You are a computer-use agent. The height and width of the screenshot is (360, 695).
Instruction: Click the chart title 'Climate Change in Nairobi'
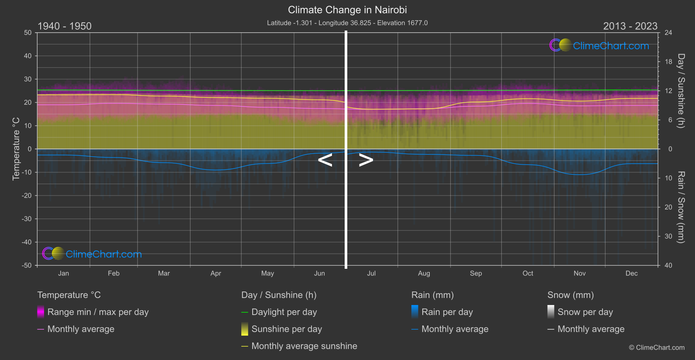pos(347,10)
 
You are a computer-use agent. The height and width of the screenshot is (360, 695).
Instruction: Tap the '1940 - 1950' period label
pos(65,26)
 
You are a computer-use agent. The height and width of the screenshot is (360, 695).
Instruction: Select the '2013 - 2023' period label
pos(630,26)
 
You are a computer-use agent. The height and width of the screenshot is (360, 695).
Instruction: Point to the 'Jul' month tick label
pos(371,273)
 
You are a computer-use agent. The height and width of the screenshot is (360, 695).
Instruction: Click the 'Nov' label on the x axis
pos(579,273)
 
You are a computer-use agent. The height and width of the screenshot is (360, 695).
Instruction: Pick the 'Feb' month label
pos(113,273)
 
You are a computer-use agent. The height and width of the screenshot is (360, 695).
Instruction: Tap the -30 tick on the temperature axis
pos(27,219)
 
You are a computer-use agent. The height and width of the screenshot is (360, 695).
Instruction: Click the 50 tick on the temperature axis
pos(28,33)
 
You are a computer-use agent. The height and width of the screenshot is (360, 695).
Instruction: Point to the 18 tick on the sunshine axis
pos(668,62)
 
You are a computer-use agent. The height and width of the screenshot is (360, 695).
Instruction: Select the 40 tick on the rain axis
pos(668,265)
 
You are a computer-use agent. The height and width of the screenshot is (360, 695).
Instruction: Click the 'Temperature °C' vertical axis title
pos(16,149)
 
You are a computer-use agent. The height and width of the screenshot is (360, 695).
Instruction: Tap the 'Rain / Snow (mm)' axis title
pos(681,207)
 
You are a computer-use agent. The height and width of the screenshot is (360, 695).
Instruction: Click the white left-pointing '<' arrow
pos(325,160)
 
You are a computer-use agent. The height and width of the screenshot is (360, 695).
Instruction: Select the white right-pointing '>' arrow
pos(366,160)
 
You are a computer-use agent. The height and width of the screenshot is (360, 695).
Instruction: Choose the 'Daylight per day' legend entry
pos(284,312)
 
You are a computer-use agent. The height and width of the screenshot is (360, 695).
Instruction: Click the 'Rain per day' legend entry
pos(447,312)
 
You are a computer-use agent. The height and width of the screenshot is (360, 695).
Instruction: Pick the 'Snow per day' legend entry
pos(585,312)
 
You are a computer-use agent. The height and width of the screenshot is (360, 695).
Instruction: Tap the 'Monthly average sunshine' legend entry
pos(304,346)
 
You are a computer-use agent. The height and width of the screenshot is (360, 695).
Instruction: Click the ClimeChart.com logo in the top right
pos(599,45)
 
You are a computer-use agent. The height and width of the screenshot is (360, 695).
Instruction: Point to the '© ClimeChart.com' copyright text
pos(657,348)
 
